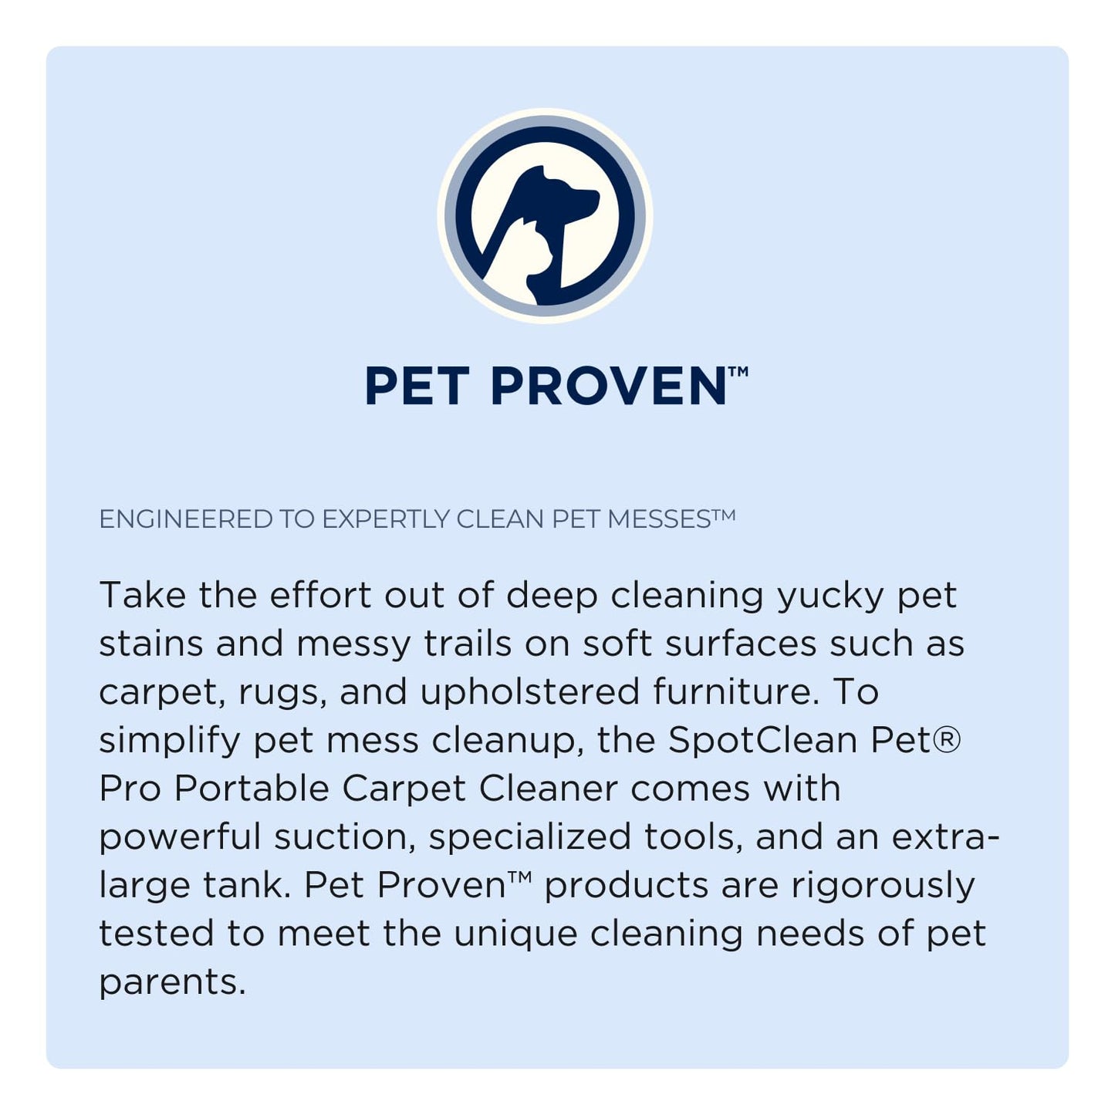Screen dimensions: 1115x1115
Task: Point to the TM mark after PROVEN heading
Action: coord(738,372)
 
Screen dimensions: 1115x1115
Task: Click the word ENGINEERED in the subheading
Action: coord(185,519)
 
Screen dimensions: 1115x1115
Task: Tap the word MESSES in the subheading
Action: coord(659,519)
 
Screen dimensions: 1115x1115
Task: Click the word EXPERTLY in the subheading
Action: coord(385,519)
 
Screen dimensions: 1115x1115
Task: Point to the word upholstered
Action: coord(529,691)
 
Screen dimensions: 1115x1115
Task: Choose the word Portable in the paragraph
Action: coord(252,788)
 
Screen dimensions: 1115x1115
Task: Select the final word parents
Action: coord(171,982)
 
